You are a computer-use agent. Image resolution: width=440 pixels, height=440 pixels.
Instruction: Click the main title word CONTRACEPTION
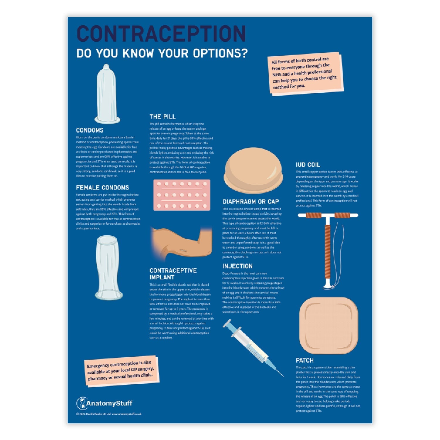click(x=161, y=34)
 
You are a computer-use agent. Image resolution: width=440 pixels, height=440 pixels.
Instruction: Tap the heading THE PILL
click(x=163, y=117)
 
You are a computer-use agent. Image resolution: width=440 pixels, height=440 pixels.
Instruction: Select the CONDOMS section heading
click(x=90, y=130)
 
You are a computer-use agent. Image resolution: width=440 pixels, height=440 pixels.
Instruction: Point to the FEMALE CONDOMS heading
click(x=102, y=188)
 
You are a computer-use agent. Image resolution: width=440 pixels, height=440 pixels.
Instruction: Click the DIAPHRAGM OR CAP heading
click(x=251, y=202)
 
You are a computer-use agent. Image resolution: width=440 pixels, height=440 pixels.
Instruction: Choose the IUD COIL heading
click(x=308, y=165)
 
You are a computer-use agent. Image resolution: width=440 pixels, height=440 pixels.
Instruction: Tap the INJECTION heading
click(x=237, y=266)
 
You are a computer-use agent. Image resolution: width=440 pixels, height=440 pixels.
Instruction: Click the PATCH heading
click(x=304, y=360)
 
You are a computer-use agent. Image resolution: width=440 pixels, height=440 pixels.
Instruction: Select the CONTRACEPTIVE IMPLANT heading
click(x=173, y=274)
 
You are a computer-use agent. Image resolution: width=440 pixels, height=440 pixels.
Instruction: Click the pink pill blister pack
click(x=182, y=195)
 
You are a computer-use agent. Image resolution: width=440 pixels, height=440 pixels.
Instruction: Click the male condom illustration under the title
click(x=107, y=94)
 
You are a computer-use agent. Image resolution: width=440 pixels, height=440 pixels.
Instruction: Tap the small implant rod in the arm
click(x=184, y=250)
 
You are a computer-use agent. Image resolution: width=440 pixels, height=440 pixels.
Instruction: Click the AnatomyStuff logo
click(x=104, y=403)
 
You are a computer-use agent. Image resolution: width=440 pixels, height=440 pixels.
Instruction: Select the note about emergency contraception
click(x=121, y=371)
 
